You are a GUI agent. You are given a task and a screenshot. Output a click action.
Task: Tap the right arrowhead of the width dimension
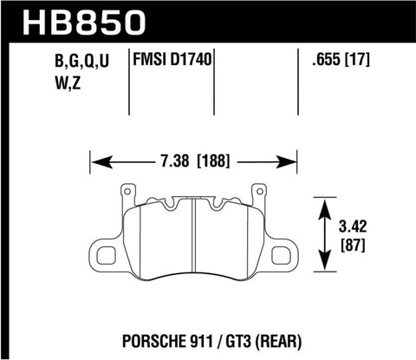point(293,161)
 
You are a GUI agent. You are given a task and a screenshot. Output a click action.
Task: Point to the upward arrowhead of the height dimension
point(325,206)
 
